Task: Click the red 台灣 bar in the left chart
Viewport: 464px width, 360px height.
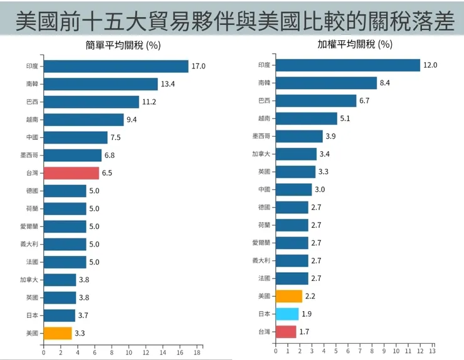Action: coord(70,173)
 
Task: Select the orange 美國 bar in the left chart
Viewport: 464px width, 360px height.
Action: coord(57,333)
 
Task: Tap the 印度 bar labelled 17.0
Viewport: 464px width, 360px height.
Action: coord(115,66)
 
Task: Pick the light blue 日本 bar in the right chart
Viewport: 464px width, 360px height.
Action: coord(287,314)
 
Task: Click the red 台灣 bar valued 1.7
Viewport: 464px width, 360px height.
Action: coord(285,331)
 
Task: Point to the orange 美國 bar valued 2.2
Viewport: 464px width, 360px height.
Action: coord(288,296)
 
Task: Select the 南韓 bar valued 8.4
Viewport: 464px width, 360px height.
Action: coord(326,83)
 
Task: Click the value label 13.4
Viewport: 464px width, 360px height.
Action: coord(167,84)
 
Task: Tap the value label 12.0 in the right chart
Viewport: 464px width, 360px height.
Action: coord(430,65)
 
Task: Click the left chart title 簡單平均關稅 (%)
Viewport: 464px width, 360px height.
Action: coord(124,45)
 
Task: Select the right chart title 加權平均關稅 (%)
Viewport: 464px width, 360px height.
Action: coord(355,45)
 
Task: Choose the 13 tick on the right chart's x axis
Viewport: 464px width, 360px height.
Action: coord(432,351)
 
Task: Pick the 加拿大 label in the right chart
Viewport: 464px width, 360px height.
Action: coord(261,154)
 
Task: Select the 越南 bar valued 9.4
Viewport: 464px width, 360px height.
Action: coord(83,120)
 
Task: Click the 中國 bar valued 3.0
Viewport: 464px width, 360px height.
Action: coord(293,189)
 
